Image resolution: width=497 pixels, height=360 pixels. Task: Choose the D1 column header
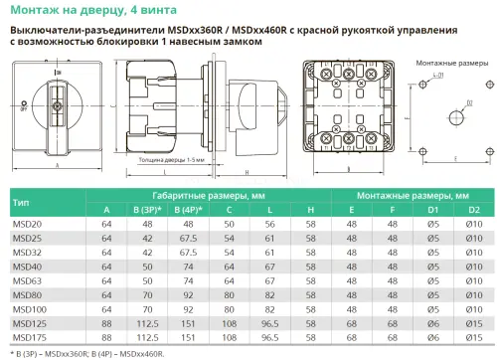(432, 210)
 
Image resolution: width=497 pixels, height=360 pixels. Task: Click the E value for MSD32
(351, 253)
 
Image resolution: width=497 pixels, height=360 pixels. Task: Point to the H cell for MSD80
(310, 295)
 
